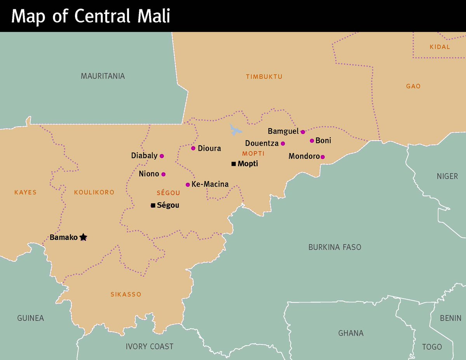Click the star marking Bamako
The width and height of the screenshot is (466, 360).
click(83, 237)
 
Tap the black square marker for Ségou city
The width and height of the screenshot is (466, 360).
click(153, 205)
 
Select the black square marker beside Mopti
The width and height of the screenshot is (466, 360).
click(233, 164)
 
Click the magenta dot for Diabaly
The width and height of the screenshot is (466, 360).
click(162, 156)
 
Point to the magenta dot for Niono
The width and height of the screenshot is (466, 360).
click(163, 174)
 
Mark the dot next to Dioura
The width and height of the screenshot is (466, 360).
click(193, 148)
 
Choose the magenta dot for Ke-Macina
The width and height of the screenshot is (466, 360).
click(188, 184)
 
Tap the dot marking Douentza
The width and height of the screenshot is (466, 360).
click(283, 144)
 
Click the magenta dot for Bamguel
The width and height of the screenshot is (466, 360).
click(303, 132)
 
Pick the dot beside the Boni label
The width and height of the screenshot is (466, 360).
click(312, 141)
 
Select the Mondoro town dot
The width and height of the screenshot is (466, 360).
click(322, 157)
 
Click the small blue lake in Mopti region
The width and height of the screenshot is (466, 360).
click(235, 130)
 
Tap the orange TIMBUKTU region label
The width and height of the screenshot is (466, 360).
click(264, 77)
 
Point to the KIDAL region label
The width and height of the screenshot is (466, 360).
click(440, 47)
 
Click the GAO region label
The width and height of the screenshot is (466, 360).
click(413, 86)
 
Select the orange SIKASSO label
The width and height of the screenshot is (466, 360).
click(126, 294)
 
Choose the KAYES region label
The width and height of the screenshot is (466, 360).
click(25, 192)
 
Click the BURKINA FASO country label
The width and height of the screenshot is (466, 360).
click(335, 247)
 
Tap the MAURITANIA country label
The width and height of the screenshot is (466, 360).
click(103, 76)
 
